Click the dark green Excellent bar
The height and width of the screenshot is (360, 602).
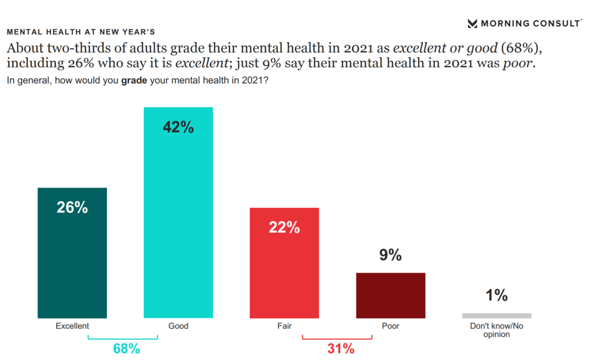(72, 260)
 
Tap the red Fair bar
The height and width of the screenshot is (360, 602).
(284, 270)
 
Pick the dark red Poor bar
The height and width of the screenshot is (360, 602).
(390, 295)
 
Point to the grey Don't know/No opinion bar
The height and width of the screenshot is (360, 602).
(496, 315)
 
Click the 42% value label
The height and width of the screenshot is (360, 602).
(178, 127)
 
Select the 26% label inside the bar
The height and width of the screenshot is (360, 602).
(72, 207)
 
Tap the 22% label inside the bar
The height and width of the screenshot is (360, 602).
(284, 227)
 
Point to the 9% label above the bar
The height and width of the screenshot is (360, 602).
(390, 255)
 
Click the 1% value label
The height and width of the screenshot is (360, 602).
(496, 295)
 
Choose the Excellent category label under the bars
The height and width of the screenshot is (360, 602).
(72, 326)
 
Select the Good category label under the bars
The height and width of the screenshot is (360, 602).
(178, 326)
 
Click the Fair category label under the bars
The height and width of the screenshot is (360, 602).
(284, 326)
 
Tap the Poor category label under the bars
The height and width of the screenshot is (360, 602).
(390, 326)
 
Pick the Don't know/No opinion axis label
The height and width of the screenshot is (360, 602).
(496, 330)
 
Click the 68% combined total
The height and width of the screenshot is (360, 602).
(126, 348)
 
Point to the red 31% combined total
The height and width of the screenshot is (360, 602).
(340, 348)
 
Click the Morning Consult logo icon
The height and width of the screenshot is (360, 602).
(472, 23)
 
